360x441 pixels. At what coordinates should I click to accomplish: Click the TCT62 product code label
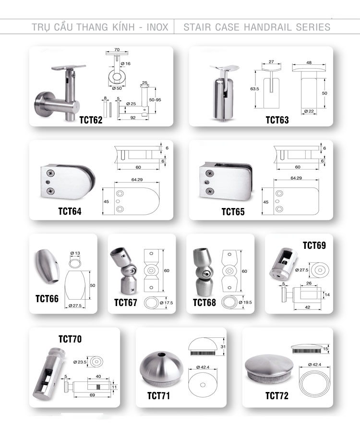click(x=91, y=120)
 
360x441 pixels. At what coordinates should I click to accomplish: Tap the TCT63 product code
click(x=277, y=120)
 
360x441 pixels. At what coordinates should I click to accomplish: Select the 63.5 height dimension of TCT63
click(x=254, y=89)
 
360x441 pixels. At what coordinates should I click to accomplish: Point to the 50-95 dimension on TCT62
click(x=155, y=100)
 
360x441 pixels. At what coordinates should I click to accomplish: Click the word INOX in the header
click(x=157, y=27)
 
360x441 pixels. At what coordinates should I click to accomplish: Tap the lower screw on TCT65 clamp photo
click(x=210, y=192)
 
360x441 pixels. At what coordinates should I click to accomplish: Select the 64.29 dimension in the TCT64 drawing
click(x=137, y=180)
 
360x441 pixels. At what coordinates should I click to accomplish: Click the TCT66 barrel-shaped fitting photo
click(x=47, y=266)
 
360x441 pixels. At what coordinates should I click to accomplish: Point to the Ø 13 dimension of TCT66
click(x=75, y=253)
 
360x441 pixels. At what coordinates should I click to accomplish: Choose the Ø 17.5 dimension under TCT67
click(x=167, y=303)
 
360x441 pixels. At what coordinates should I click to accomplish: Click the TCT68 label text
click(x=204, y=303)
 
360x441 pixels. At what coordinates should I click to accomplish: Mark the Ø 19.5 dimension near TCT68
click(x=245, y=303)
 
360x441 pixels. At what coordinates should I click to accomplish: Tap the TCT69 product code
click(x=314, y=245)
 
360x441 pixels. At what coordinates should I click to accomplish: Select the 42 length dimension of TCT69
click(x=308, y=307)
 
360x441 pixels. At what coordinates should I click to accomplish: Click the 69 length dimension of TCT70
click(x=92, y=395)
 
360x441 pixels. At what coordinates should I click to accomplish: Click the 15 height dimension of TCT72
click(x=325, y=349)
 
